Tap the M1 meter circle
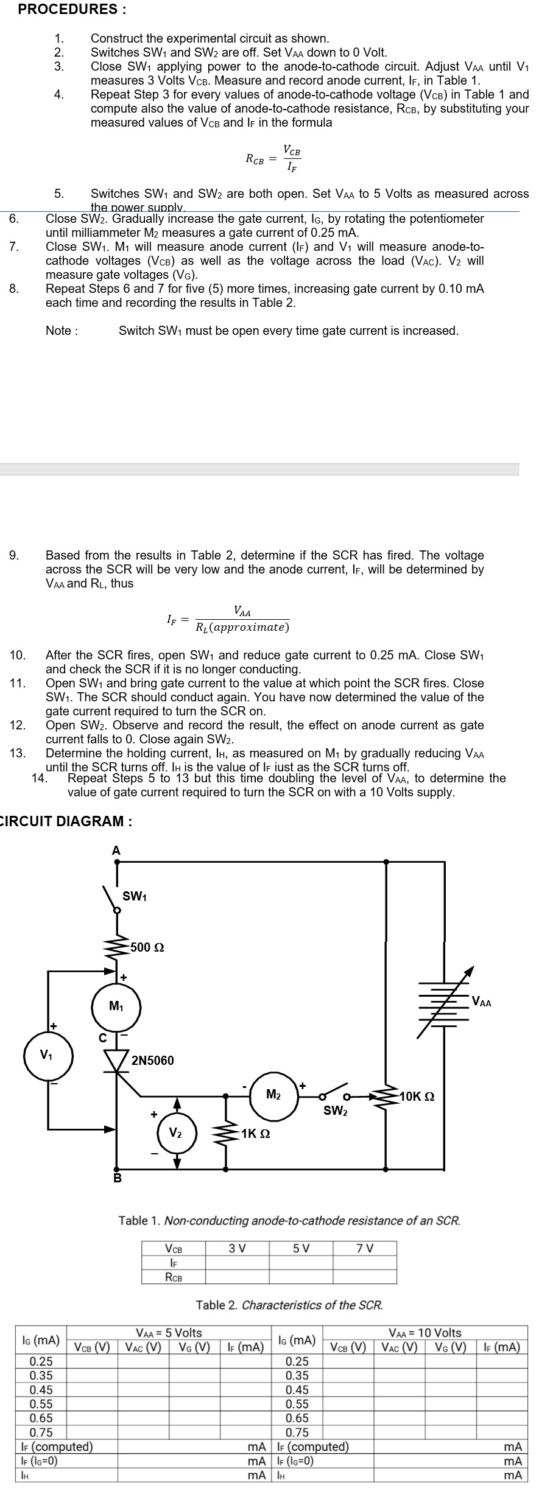tap(116, 1007)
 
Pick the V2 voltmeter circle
tap(176, 1133)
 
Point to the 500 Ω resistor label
tap(147, 947)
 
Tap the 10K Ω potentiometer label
tap(417, 1097)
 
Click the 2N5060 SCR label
tap(153, 1060)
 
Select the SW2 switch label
tap(336, 1111)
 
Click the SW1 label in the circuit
tap(135, 896)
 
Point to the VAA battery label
tap(481, 1002)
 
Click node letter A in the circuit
tap(116, 851)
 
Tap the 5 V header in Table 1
tap(301, 1248)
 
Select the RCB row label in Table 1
tap(174, 1277)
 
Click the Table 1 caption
tap(289, 1220)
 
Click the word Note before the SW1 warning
tap(62, 331)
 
